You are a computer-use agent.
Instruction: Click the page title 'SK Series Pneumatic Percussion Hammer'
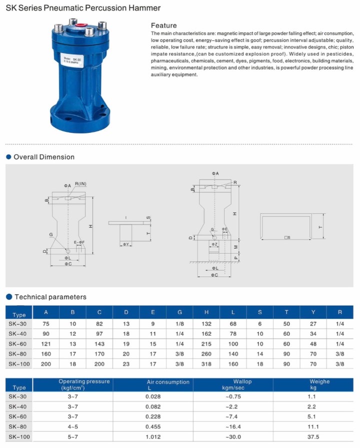click(83, 8)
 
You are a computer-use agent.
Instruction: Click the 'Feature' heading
click(163, 25)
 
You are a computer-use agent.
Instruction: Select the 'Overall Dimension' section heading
click(44, 157)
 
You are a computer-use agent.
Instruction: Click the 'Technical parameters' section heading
click(50, 297)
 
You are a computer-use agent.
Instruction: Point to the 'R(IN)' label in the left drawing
click(80, 184)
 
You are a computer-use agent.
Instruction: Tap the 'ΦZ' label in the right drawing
click(213, 244)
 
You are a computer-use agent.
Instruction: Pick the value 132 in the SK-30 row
click(206, 324)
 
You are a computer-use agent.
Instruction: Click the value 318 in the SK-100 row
click(206, 364)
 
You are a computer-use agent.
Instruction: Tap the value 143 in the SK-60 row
click(99, 344)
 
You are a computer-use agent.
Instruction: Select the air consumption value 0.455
click(153, 427)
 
